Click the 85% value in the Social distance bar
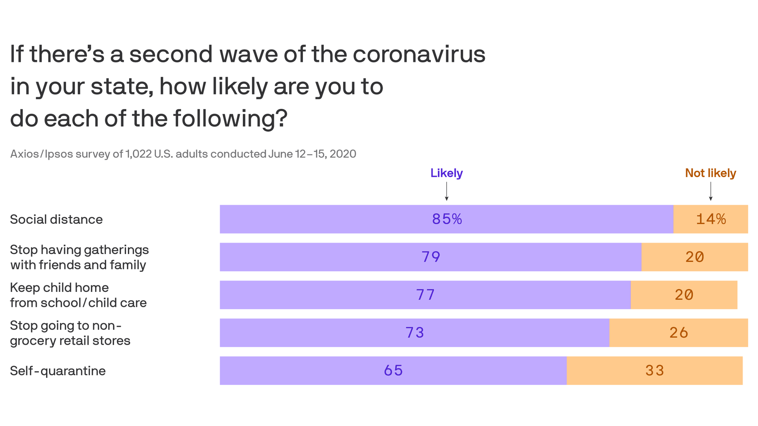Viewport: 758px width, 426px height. tap(447, 219)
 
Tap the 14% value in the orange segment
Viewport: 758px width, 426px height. tap(711, 219)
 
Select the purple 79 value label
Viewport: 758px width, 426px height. tap(431, 257)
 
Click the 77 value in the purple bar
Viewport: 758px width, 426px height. tap(425, 295)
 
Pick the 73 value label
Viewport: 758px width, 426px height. tap(415, 333)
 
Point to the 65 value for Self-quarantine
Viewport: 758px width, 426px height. tap(393, 371)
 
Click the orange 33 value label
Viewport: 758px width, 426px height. tap(655, 371)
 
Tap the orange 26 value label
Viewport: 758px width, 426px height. tap(679, 333)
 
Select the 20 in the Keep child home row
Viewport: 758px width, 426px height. tap(684, 295)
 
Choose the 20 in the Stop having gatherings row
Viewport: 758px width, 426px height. tap(694, 257)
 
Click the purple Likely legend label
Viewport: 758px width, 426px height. tap(446, 173)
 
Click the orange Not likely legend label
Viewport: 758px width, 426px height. tap(710, 173)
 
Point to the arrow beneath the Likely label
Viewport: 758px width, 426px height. tap(447, 192)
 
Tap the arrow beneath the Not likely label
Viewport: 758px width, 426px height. tap(711, 192)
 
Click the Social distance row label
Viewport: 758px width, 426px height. tap(56, 219)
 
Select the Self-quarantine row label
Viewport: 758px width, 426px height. tap(58, 371)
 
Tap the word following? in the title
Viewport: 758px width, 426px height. tap(230, 119)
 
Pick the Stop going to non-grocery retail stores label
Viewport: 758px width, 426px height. tap(70, 333)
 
